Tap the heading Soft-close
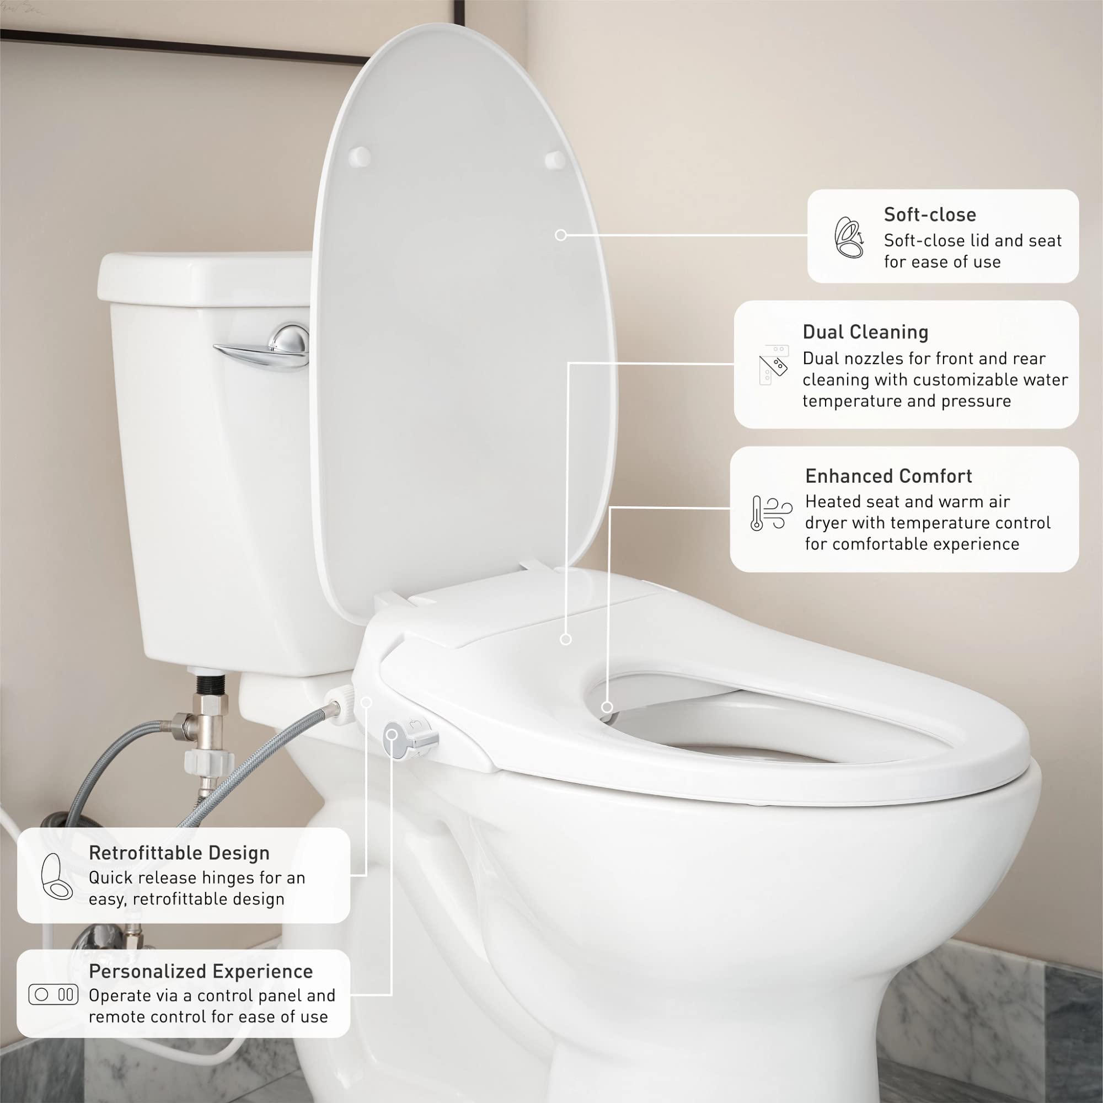pos(929,215)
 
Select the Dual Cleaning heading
pos(865,331)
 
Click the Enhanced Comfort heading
pos(888,475)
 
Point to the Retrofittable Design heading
pos(179,853)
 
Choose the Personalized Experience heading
pos(200,971)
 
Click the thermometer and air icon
pos(771,513)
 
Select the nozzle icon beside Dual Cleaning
pos(774,363)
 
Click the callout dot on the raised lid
pos(561,234)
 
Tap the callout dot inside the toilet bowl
pos(607,707)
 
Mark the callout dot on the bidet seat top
pos(566,639)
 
